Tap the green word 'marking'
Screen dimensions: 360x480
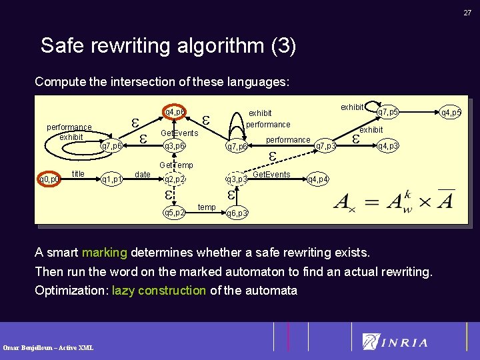(x=104, y=253)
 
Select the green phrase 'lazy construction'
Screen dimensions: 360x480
(x=159, y=290)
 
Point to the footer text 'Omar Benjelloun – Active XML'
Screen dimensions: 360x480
(x=48, y=347)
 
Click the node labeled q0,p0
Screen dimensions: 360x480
(x=49, y=179)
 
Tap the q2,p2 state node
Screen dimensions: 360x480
(x=174, y=179)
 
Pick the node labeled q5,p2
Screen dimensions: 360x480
(x=174, y=213)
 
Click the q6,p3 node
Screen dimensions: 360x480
(x=237, y=213)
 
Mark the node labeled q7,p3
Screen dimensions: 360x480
(x=325, y=145)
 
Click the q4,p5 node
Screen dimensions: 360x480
(x=451, y=112)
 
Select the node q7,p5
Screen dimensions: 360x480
(x=387, y=112)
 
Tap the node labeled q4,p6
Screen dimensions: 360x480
(x=174, y=111)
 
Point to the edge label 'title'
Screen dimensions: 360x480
(x=78, y=174)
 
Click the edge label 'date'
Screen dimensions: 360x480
(x=143, y=175)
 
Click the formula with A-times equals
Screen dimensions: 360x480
(x=393, y=201)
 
